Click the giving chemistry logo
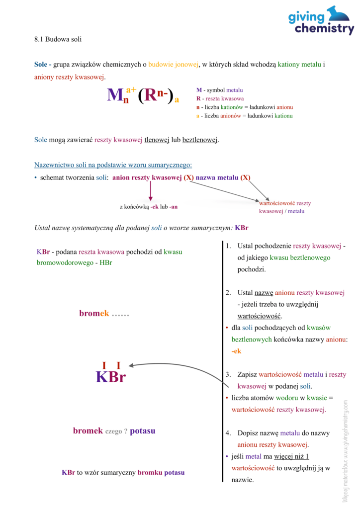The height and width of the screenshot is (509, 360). tap(321, 20)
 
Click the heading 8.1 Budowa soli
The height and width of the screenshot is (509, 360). tap(58, 39)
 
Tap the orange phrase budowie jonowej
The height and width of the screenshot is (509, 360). tap(174, 64)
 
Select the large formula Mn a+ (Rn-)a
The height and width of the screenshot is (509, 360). tap(143, 94)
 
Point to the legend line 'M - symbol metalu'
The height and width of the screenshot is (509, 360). tap(219, 90)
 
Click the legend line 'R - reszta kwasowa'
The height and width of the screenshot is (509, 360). tap(220, 98)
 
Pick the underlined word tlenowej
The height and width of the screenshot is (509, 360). tap(157, 140)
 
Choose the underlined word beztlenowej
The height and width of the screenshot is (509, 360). tap(200, 140)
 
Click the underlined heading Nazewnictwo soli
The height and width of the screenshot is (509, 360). tap(113, 165)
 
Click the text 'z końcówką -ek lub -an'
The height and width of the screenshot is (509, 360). tap(149, 207)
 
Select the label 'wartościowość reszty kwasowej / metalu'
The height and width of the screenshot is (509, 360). tap(285, 207)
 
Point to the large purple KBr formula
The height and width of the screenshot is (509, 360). tap(111, 377)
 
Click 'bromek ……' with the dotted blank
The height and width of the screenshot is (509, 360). tap(104, 313)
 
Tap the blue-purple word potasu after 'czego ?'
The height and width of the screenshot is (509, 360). tap(143, 431)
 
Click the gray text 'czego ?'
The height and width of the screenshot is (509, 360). tap(116, 431)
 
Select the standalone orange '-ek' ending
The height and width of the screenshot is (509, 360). tap(236, 351)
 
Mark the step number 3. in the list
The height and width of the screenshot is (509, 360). tap(228, 375)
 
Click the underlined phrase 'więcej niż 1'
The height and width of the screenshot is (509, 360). tap(291, 456)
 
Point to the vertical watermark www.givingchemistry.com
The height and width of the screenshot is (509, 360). tap(345, 451)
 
